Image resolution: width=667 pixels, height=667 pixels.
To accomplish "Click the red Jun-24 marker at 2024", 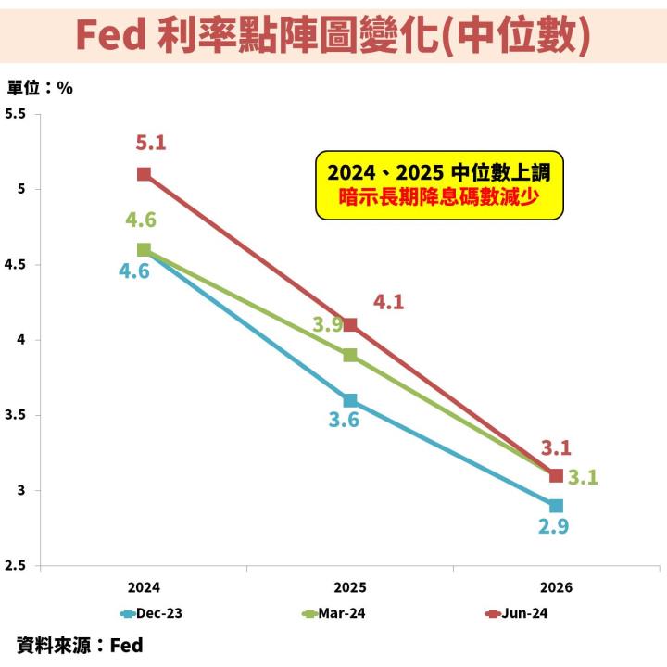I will pos(144,174).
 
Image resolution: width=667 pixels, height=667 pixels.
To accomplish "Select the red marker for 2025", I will pos(349,325).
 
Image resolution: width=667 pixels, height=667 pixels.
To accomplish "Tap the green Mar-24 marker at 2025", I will pos(349,355).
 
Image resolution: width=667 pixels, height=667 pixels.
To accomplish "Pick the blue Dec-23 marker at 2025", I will pos(349,400).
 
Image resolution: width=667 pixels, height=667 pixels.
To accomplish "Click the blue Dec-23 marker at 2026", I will pos(556,506).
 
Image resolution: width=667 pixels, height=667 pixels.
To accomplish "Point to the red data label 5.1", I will pos(150,143).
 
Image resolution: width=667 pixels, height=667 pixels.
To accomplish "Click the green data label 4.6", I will pos(141,220).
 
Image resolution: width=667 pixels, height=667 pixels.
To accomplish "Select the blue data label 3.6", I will pos(343,420).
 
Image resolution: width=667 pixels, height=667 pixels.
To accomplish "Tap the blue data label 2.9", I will pos(554,527).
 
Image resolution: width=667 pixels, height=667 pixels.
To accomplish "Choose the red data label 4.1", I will pos(388,301).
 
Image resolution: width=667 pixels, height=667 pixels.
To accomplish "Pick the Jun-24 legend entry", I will pos(519,613).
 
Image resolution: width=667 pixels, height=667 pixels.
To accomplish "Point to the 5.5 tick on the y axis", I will pos(16,114).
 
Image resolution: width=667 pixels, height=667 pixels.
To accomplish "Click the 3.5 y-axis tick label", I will pos(16,415).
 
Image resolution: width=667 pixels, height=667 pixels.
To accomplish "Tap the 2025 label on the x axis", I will pos(349,587).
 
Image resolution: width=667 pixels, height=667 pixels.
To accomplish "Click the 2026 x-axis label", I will pos(556,587).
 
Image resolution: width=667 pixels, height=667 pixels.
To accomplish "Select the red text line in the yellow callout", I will pos(439,197).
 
